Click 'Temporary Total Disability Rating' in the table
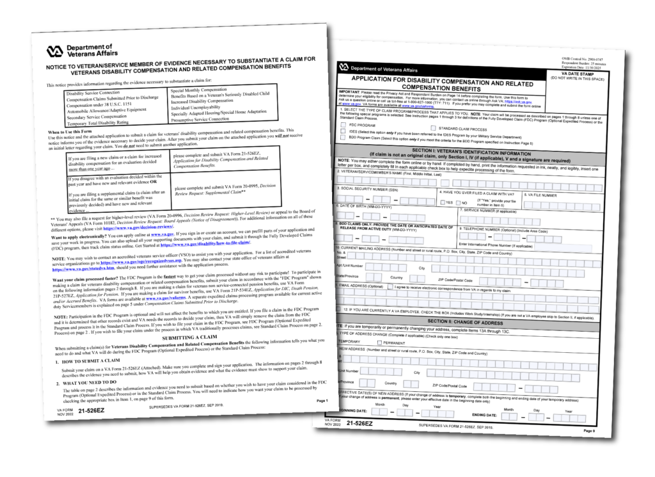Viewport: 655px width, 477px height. point(103,122)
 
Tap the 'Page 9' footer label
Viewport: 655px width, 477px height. point(590,431)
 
